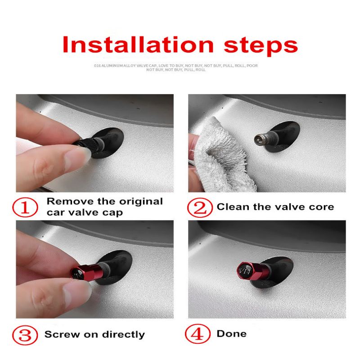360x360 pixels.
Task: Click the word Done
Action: (231, 333)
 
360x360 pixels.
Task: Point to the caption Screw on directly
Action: (94, 335)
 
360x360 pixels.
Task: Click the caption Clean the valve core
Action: (275, 207)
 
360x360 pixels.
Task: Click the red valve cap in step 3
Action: (83, 272)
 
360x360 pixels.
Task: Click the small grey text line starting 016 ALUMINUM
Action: (176, 65)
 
